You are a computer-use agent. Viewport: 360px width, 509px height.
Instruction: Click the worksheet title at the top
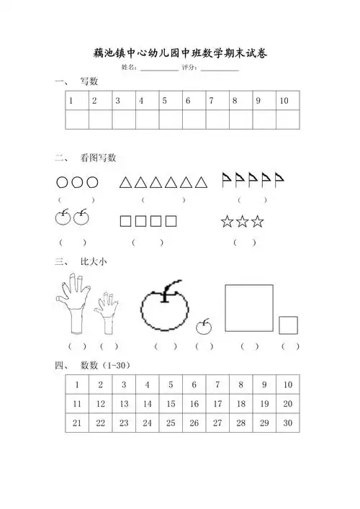(x=180, y=53)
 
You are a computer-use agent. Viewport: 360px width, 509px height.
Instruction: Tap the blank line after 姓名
(x=159, y=70)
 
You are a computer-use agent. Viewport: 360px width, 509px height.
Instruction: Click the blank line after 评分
(x=220, y=70)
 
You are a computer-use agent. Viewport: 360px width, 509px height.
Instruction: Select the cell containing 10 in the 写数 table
(x=287, y=101)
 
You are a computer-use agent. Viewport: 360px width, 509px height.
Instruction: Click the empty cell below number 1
(x=76, y=120)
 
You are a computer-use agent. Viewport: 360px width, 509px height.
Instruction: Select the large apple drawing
(x=164, y=308)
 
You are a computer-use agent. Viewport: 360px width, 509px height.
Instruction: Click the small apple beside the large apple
(x=205, y=328)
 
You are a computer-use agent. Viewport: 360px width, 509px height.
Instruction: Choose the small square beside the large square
(x=289, y=325)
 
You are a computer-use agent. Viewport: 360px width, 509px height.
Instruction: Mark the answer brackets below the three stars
(x=244, y=242)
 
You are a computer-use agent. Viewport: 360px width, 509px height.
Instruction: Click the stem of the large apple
(x=167, y=289)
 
